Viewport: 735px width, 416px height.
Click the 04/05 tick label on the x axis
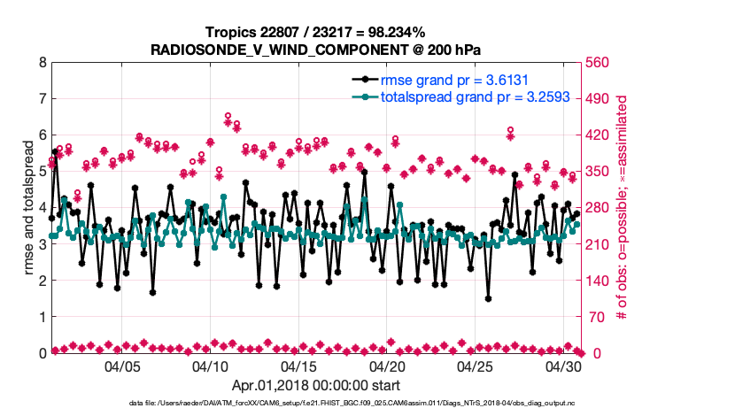pos(123,366)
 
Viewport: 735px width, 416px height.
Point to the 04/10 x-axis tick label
pos(212,366)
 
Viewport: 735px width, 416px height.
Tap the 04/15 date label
pos(299,366)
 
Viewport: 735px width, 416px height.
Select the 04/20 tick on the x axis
pos(388,366)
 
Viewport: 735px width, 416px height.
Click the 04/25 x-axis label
pos(476,366)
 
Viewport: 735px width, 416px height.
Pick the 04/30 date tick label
pos(564,366)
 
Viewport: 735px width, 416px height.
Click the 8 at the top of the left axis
pos(41,63)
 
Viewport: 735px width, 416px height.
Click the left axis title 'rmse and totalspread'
pos(28,208)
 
